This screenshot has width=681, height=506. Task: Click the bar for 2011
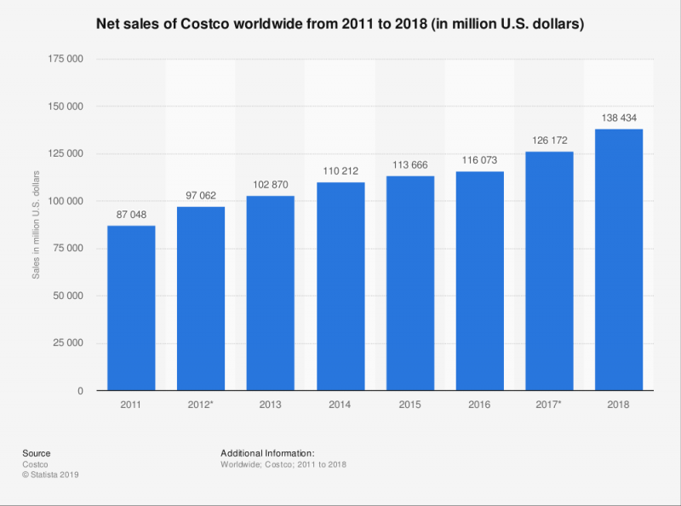[x=131, y=308]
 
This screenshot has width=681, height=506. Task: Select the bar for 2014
[x=340, y=286]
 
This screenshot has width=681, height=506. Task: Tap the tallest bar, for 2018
[x=618, y=260]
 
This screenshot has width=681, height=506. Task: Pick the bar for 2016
[x=479, y=281]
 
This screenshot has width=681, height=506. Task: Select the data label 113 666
[x=409, y=166]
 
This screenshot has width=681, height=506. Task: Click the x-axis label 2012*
[x=201, y=405]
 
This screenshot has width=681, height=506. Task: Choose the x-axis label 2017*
[x=549, y=405]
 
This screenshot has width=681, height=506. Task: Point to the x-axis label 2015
[x=409, y=405]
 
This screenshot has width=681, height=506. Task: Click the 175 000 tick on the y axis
[x=66, y=59]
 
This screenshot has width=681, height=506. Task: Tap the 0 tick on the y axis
[x=80, y=391]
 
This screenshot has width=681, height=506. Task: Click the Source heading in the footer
[x=37, y=452]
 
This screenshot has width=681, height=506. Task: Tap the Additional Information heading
[x=267, y=452]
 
